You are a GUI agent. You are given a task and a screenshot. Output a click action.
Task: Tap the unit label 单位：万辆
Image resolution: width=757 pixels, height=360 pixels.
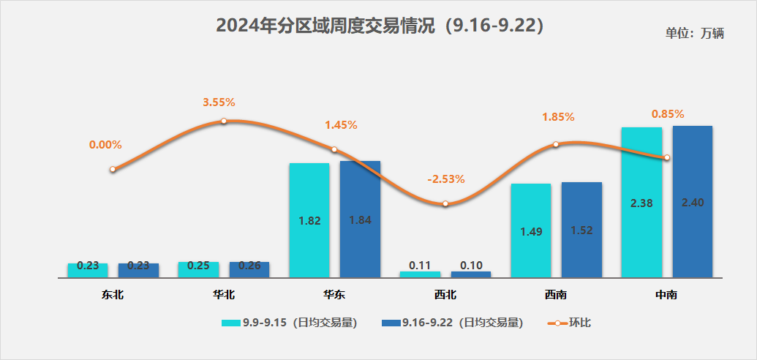click(x=694, y=34)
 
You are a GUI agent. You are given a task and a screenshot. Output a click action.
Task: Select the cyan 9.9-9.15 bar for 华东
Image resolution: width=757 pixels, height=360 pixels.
click(x=309, y=220)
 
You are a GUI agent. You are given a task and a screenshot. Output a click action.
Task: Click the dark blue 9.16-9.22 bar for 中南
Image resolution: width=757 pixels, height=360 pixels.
click(x=693, y=201)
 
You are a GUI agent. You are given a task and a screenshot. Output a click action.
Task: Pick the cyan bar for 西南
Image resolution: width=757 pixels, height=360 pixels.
click(x=531, y=230)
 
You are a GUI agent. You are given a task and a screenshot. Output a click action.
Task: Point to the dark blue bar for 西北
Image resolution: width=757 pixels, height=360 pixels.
click(x=471, y=274)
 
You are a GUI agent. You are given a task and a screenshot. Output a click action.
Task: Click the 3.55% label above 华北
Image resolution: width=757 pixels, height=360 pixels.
click(x=219, y=102)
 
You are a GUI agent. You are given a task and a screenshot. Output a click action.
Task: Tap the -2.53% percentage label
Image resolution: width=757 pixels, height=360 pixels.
click(x=446, y=179)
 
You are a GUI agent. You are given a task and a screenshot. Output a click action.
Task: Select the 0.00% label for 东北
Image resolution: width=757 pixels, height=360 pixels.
click(x=105, y=145)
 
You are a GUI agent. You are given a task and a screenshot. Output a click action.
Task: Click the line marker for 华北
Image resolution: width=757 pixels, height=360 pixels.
click(x=224, y=121)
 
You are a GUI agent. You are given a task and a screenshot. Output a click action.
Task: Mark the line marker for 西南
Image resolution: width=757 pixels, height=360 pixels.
click(x=556, y=144)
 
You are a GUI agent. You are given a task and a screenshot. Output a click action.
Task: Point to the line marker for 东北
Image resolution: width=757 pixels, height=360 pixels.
click(x=113, y=169)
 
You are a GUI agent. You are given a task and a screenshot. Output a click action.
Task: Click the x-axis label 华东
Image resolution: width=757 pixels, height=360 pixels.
click(x=334, y=295)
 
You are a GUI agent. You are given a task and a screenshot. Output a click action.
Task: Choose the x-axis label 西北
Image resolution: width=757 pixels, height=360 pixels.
click(x=445, y=295)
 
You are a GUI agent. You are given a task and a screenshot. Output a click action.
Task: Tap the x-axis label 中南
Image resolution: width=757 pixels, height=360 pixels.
click(x=666, y=295)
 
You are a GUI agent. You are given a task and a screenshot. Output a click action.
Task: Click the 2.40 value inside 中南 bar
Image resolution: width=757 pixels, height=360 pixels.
click(x=692, y=203)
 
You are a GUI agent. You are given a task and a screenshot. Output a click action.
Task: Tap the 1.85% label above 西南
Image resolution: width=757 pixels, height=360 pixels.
click(x=558, y=116)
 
